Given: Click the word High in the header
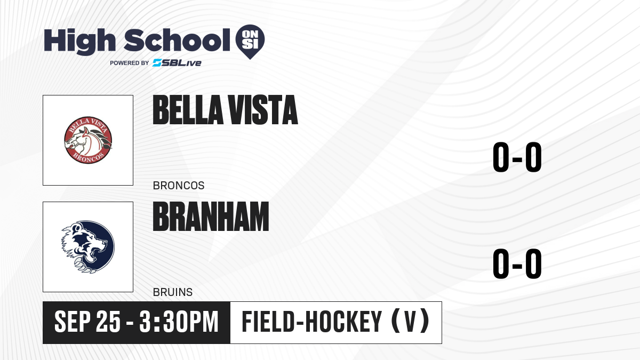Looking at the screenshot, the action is pos(79,42).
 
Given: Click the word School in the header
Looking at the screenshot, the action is pos(177,40).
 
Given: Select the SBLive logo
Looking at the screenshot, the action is pos(177,63).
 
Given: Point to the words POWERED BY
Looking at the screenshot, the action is pos(130,63).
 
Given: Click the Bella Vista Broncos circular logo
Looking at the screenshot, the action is pos(88,140).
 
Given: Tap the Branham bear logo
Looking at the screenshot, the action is pos(88,247).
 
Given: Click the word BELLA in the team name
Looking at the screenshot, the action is pos(188,110).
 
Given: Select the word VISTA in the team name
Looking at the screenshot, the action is pos(263,110).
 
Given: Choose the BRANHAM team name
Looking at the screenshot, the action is pos(211,217).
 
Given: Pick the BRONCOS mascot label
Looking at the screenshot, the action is pos(179,186).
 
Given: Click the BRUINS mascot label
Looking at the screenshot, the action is pos(173,292).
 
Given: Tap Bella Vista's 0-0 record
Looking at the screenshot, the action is pos(517,157).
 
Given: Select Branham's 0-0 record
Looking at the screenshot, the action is pos(517,263).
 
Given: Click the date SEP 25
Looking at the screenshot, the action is pos(87,322).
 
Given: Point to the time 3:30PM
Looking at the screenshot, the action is pos(179,322).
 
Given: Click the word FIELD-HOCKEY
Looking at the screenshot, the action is pos(312,322).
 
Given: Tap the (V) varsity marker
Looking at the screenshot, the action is pos(410,322).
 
